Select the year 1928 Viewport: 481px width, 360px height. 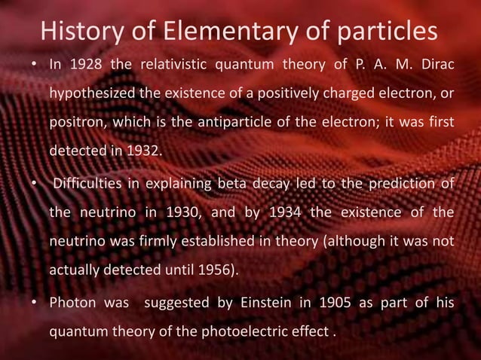85,64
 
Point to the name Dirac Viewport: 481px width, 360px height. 433,64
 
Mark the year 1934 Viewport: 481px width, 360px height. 281,213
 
